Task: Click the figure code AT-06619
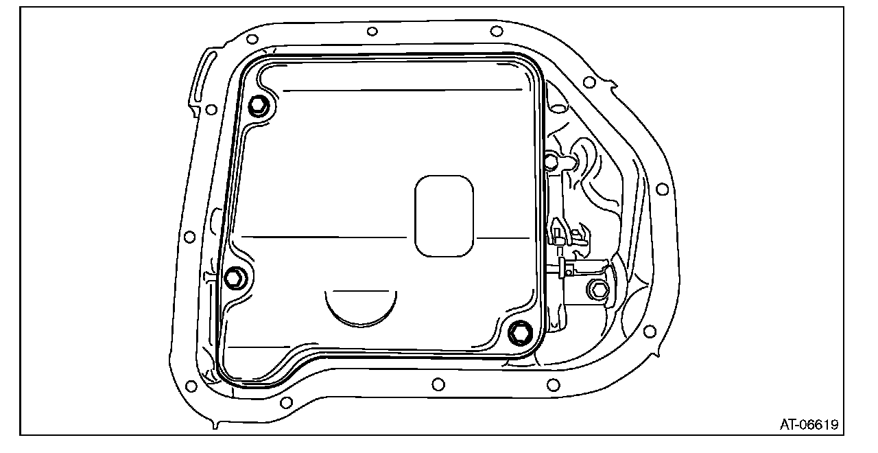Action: [809, 425]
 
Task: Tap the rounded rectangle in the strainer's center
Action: [444, 216]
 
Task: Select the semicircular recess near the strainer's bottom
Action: [361, 309]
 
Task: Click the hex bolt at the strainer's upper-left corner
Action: [259, 106]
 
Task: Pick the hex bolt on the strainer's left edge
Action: [235, 278]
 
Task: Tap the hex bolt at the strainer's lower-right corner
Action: [520, 333]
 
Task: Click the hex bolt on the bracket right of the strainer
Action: [598, 290]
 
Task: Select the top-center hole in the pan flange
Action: [372, 32]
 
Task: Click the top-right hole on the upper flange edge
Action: [496, 31]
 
